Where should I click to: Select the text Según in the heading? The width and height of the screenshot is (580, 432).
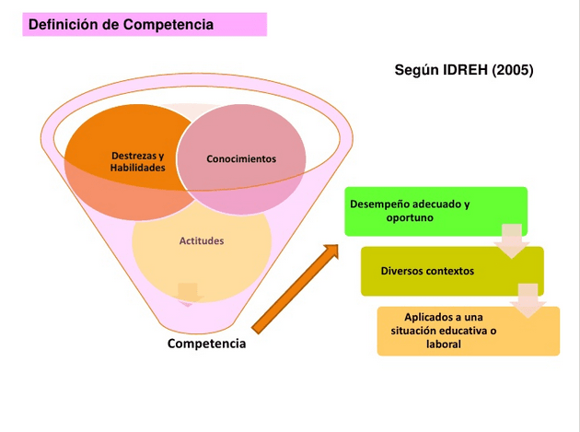click(x=416, y=70)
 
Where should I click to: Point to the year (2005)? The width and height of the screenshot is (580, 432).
click(x=514, y=70)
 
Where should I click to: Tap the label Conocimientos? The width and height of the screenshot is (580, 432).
click(x=241, y=158)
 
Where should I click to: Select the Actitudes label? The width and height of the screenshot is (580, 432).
click(x=201, y=240)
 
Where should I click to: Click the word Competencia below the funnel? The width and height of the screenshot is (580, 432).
click(x=206, y=344)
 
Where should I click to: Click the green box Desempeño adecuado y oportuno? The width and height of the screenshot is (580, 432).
click(x=436, y=211)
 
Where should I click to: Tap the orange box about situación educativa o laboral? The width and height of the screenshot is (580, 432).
click(x=468, y=330)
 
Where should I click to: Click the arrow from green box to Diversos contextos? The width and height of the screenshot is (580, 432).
click(x=510, y=242)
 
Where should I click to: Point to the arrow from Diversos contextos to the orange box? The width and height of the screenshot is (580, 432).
click(x=528, y=301)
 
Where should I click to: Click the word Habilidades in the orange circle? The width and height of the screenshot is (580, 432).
click(x=138, y=169)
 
